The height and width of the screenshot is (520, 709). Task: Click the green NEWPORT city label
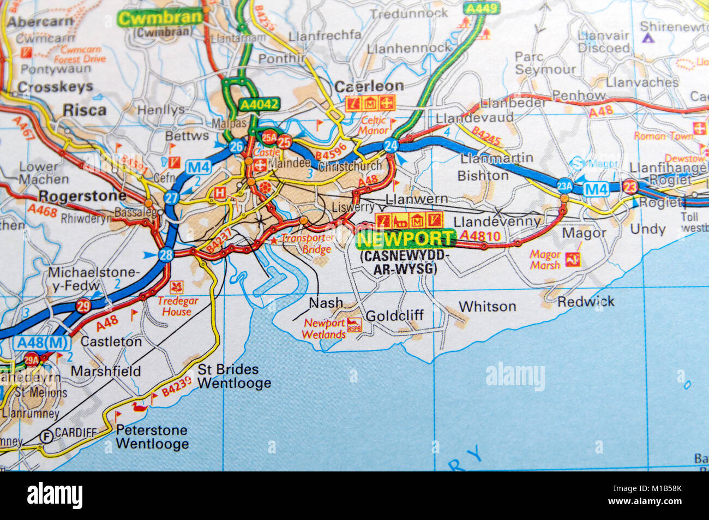point(405,238)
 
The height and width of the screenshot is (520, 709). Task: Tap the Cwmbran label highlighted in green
point(160,18)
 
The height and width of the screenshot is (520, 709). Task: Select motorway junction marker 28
point(166,254)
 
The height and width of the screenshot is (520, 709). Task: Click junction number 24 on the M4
point(390,145)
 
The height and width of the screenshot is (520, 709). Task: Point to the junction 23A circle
point(564,186)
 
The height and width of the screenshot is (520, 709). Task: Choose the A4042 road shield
point(259,104)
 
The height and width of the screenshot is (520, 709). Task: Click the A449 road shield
point(473,8)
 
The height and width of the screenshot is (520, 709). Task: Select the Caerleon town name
point(369,86)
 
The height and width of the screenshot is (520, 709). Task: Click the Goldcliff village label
point(394,315)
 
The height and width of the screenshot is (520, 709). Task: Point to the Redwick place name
point(586,301)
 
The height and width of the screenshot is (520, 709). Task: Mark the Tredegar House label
point(177,306)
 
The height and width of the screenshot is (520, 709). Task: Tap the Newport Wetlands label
point(324,328)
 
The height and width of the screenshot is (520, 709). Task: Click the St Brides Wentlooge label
point(233,376)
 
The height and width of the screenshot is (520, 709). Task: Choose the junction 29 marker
point(83,306)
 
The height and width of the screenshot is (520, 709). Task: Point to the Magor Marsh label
point(545,260)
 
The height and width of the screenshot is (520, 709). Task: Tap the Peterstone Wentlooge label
point(152,437)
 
